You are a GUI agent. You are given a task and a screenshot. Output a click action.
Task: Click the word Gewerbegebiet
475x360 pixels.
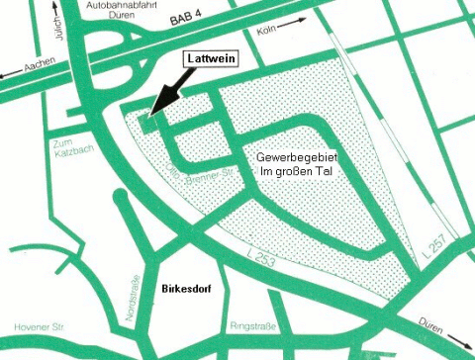tap(288, 158)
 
